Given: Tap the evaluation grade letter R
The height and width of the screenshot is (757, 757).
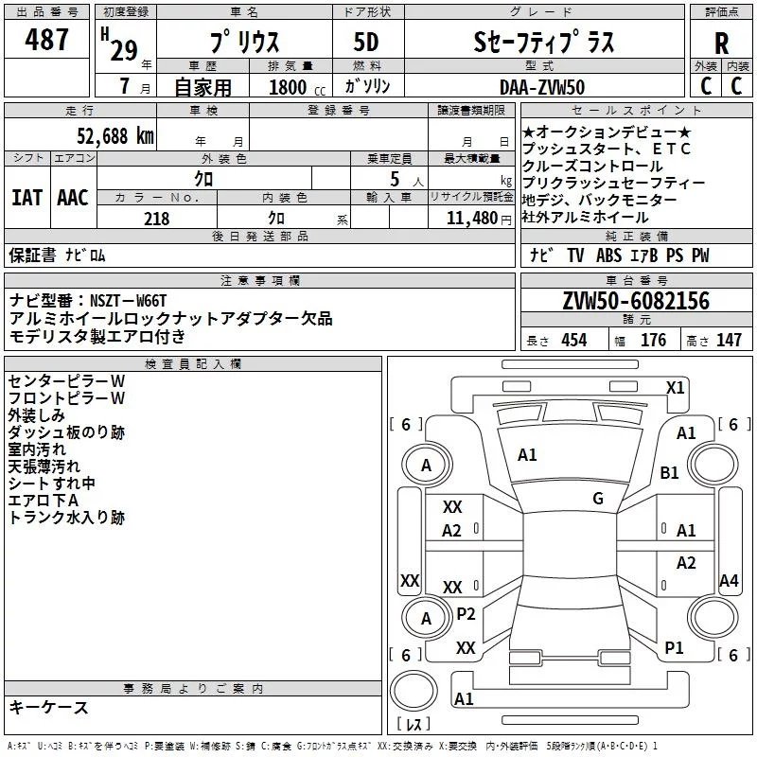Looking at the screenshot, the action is tap(721, 44).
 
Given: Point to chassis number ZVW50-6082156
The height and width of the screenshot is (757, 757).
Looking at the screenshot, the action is tap(635, 302).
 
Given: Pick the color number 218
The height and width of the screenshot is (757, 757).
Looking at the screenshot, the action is tap(156, 219).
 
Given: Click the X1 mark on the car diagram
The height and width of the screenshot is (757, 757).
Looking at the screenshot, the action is tap(675, 387).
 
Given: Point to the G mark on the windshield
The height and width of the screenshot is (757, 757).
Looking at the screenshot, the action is tap(598, 499).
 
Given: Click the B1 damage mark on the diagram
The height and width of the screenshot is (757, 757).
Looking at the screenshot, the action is tap(670, 472).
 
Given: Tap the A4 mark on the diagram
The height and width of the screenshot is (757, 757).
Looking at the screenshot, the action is tap(728, 581).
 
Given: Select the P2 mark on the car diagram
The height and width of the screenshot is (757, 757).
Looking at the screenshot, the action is tap(466, 613).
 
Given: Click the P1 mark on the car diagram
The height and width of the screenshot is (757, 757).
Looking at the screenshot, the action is tap(674, 647).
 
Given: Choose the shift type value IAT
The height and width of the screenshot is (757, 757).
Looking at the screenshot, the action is tap(26, 198).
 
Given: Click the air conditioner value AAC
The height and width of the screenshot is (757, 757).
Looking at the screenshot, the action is tap(72, 198).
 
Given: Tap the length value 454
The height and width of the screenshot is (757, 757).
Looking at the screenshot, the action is tap(573, 341).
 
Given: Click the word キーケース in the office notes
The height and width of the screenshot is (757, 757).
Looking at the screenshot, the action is tap(48, 708).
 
